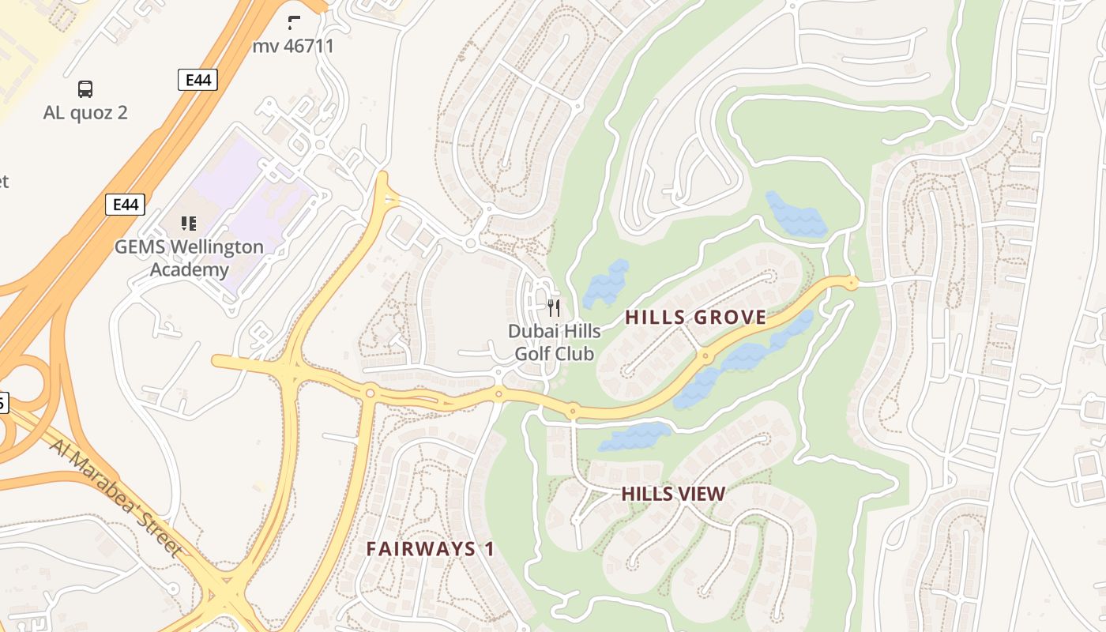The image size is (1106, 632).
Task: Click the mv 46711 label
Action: [293, 46]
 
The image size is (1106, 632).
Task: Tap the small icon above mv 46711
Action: [294, 23]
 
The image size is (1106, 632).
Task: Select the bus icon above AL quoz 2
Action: [85, 89]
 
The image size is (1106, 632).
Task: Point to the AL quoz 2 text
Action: [85, 112]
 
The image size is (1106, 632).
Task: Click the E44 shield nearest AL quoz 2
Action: [197, 80]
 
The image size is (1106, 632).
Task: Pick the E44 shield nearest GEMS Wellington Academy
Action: [126, 205]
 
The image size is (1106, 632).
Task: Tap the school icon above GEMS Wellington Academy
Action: [188, 224]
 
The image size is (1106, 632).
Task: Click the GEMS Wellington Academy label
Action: [189, 258]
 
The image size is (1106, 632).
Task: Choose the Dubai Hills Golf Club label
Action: [554, 342]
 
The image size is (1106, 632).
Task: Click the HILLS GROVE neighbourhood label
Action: [695, 318]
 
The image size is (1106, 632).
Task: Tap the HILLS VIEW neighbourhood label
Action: [672, 494]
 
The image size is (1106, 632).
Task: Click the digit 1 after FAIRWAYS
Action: [489, 549]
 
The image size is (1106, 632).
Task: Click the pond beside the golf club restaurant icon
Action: [607, 284]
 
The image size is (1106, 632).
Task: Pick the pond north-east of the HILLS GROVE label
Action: [795, 215]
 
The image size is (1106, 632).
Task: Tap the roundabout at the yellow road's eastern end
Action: [851, 282]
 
